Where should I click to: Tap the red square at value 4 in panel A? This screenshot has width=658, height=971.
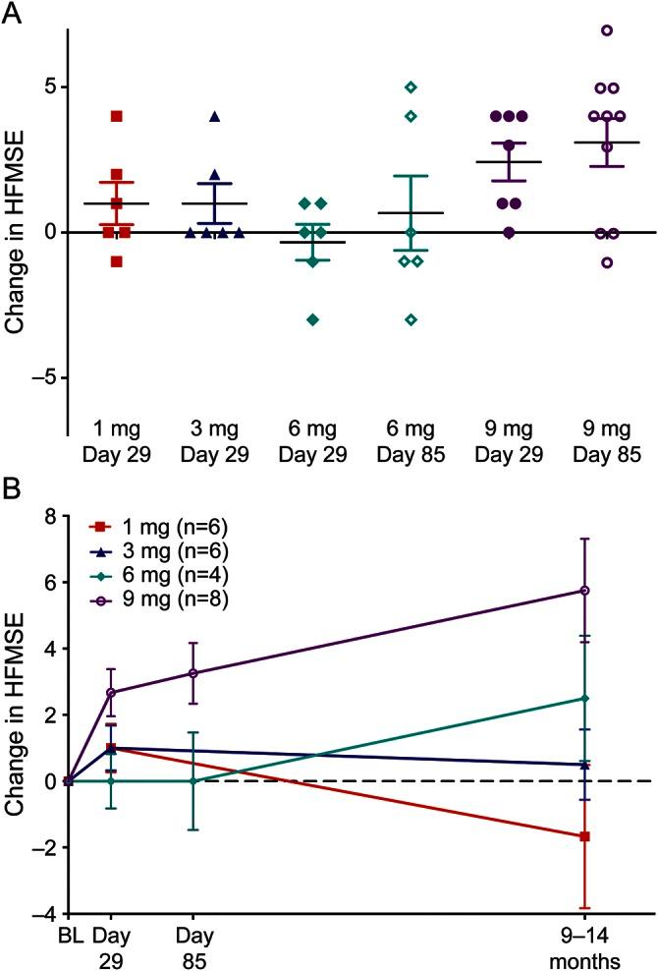point(116,116)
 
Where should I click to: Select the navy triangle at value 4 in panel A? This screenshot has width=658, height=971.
point(214,117)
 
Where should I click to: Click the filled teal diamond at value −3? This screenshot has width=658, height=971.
point(312,319)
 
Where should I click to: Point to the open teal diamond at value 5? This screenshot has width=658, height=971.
point(411,87)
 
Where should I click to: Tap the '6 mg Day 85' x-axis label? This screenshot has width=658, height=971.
point(411,442)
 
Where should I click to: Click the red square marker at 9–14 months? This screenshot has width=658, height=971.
point(584,836)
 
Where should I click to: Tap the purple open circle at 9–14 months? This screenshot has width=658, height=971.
point(584,591)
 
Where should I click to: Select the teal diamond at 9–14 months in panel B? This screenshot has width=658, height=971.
point(584,699)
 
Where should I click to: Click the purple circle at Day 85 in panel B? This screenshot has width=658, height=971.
point(193,673)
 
